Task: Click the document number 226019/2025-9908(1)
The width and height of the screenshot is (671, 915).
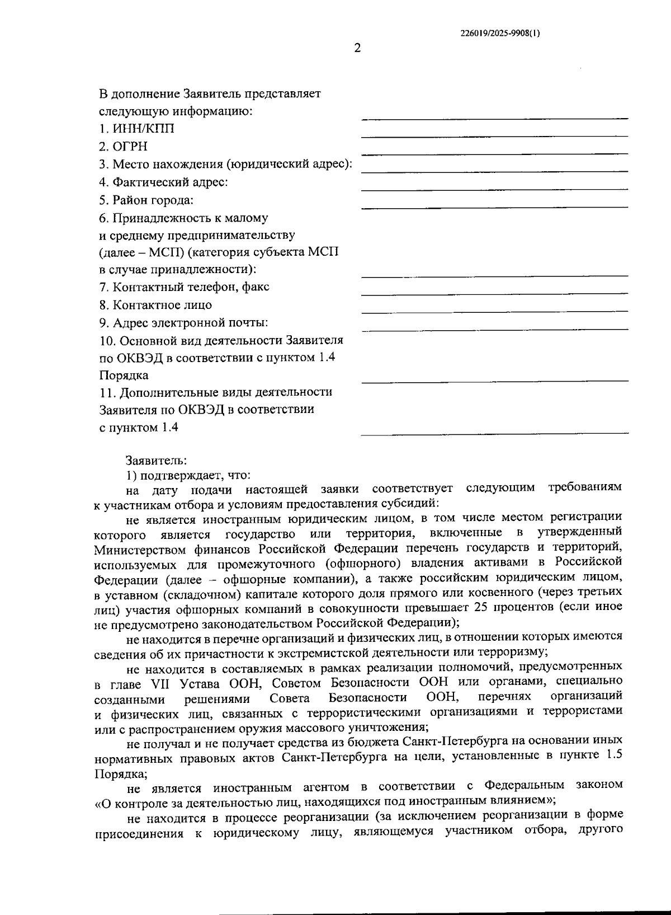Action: point(500,33)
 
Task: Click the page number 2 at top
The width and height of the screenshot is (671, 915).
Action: point(357,48)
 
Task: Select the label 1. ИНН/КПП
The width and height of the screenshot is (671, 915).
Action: point(137,129)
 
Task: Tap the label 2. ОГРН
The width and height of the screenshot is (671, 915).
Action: point(124,147)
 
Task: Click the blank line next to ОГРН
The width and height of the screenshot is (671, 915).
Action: point(494,153)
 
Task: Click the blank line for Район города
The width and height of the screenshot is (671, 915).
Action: point(494,207)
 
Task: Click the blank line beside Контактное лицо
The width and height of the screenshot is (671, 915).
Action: point(494,311)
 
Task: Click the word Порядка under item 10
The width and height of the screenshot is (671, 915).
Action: point(124,376)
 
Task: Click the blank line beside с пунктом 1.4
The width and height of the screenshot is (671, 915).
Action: point(494,433)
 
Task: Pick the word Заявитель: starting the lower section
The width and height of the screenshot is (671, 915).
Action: point(156,461)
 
